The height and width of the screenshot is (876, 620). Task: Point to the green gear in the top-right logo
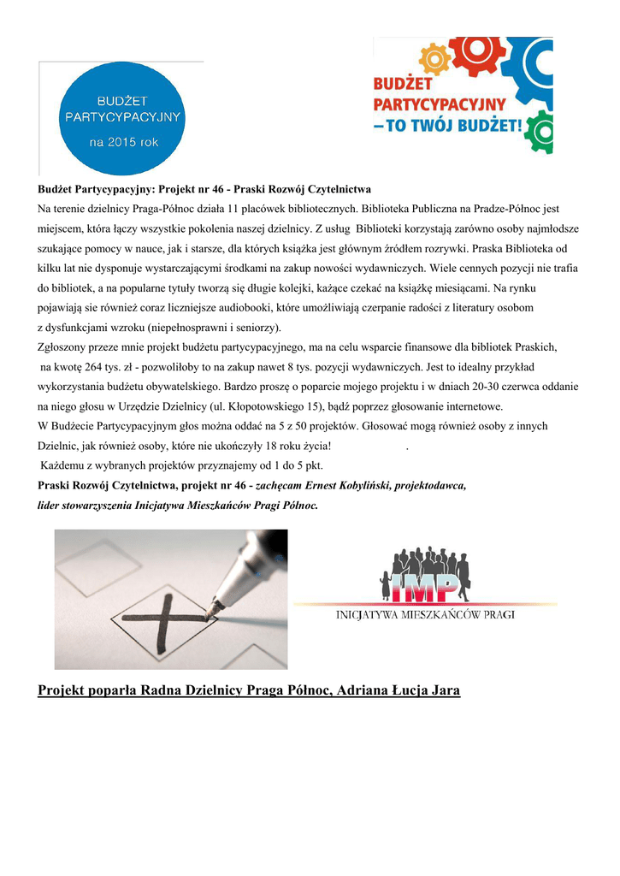point(540,134)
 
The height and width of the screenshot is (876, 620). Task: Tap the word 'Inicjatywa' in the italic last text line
point(162,506)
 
